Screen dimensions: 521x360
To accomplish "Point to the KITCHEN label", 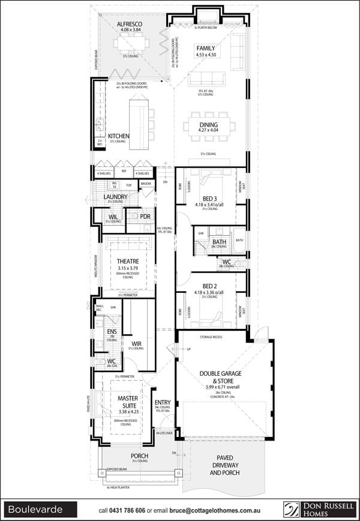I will [118, 136].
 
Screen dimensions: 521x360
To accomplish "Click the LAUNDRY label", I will [115, 196].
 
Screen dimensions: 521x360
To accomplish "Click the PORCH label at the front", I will [139, 456].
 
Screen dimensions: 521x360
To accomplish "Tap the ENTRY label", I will [163, 403].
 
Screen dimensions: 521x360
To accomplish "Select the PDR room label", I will [145, 216].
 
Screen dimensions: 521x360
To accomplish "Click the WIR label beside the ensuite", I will [136, 343].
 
